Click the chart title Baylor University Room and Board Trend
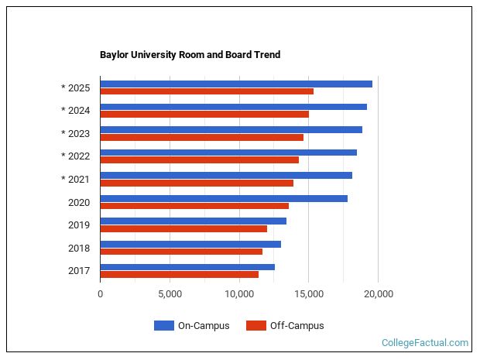(x=190, y=55)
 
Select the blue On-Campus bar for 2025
(x=236, y=84)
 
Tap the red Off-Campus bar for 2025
(x=207, y=91)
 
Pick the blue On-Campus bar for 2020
(x=224, y=198)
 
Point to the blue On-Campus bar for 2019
(x=193, y=221)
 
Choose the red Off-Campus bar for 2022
(x=199, y=160)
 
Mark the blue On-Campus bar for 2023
(x=231, y=129)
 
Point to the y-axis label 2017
(x=78, y=271)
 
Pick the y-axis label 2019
(x=78, y=225)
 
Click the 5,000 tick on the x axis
(x=170, y=293)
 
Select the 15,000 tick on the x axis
(x=309, y=293)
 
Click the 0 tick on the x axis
(x=100, y=293)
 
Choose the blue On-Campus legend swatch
(x=163, y=326)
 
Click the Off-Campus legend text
(x=297, y=326)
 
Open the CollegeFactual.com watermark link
(x=425, y=342)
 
